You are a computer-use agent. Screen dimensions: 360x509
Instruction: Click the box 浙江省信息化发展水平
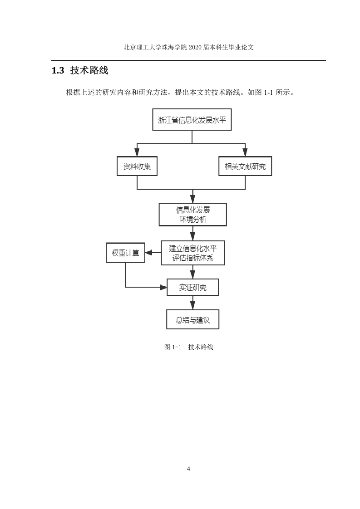click(192, 119)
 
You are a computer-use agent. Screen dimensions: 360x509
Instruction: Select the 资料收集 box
click(137, 166)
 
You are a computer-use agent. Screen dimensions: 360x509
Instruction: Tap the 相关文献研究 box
click(245, 166)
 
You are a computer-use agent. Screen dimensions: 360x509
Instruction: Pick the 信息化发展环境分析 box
click(192, 215)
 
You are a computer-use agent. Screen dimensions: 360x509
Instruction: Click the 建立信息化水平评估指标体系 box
click(192, 253)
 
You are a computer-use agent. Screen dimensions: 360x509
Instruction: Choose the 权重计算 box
click(125, 253)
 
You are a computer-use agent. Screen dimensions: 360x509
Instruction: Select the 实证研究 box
click(192, 287)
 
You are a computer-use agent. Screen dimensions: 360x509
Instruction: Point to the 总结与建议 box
click(192, 319)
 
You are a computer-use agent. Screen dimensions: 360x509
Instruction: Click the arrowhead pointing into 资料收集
click(137, 152)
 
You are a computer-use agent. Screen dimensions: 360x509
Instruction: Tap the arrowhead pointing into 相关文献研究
click(245, 152)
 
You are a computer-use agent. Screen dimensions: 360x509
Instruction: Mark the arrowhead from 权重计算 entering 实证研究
click(163, 287)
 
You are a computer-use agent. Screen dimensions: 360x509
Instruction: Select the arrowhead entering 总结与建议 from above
click(192, 305)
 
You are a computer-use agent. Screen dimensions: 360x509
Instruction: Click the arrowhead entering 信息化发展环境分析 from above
click(192, 199)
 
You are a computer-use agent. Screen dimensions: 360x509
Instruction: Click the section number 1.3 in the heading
click(58, 70)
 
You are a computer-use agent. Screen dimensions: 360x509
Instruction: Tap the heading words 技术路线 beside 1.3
click(89, 70)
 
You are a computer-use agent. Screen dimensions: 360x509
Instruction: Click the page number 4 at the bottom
click(188, 469)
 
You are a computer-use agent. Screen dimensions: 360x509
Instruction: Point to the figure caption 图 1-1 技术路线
click(188, 347)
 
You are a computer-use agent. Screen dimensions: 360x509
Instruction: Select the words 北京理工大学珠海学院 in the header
click(155, 47)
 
